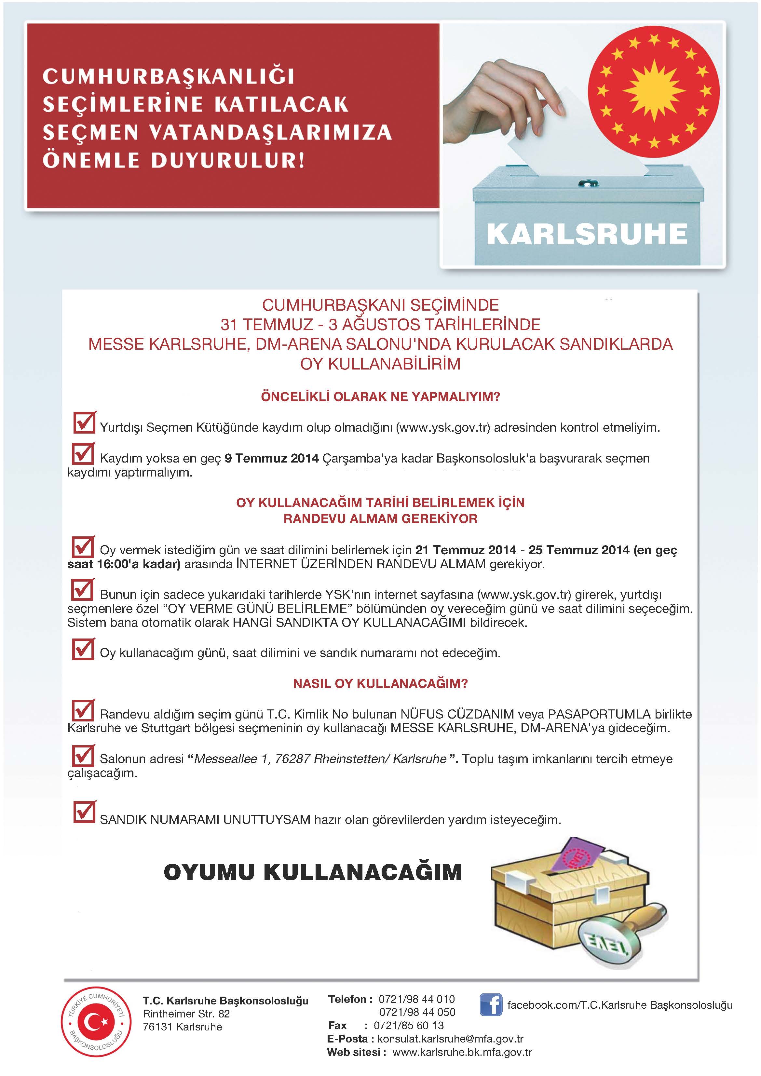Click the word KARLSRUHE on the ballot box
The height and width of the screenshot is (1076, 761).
587,234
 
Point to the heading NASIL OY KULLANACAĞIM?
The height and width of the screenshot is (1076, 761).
380,683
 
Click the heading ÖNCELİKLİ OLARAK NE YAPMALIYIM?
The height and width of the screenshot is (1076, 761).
380,397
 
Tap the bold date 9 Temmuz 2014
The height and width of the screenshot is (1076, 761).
271,458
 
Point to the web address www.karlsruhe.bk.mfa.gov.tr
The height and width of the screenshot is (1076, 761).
462,1052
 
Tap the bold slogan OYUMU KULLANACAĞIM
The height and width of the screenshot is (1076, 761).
313,872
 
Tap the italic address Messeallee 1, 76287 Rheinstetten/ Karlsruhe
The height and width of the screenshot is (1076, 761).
320,759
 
